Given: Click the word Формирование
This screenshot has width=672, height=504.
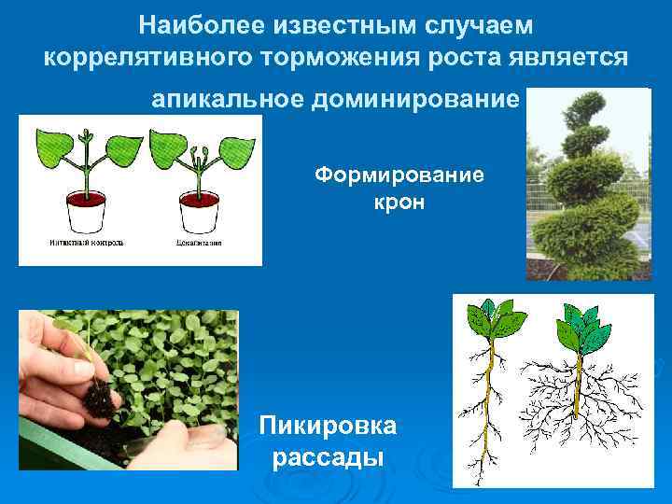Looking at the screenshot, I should [x=399, y=175].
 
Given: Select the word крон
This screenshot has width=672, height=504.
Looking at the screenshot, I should [x=399, y=202].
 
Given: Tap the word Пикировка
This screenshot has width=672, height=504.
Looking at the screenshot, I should [x=328, y=427].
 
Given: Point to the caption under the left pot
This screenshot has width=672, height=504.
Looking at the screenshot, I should [x=86, y=243].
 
